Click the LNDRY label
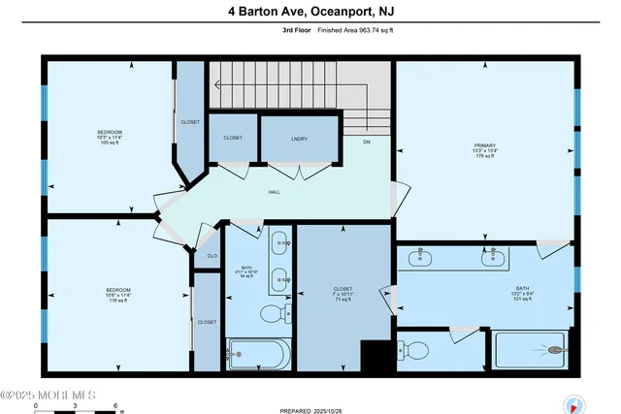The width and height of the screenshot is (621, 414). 299,139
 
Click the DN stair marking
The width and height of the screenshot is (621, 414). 367,143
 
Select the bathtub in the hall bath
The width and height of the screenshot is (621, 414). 257,355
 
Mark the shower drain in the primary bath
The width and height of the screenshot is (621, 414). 556,350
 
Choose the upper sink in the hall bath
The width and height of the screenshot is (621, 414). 278,244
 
